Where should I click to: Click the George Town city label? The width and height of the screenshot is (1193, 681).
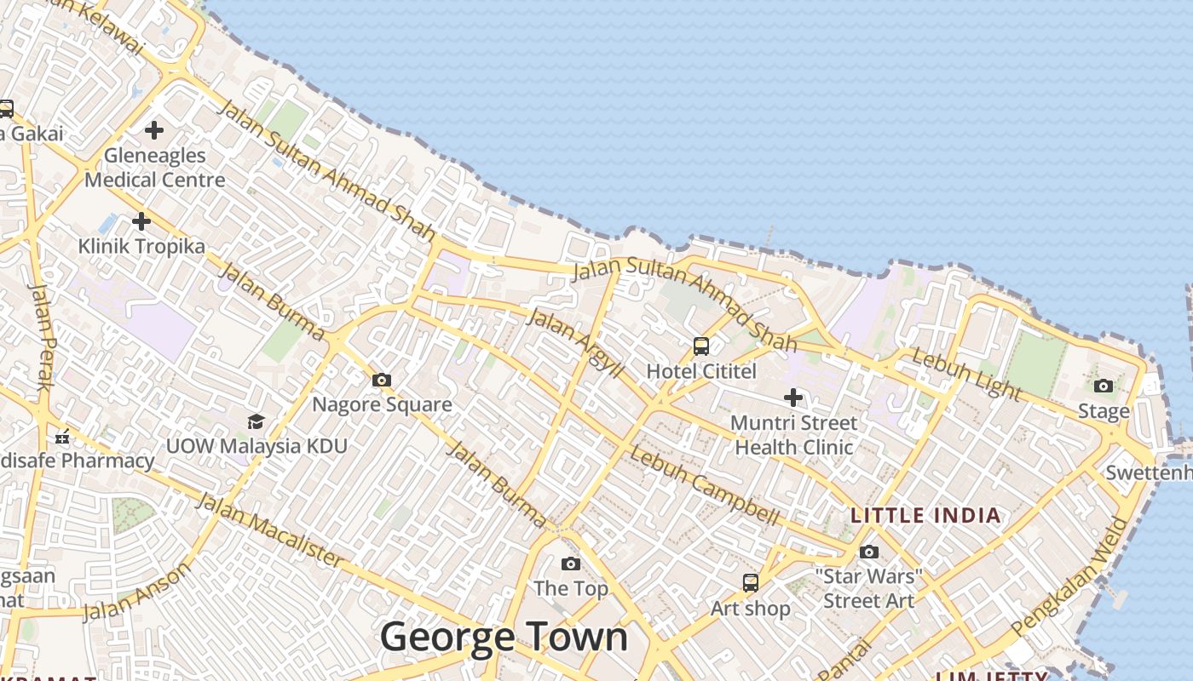(x=504, y=637)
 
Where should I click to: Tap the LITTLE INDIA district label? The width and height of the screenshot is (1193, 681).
(x=925, y=515)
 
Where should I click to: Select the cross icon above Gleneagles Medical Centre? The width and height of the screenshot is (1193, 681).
(x=154, y=130)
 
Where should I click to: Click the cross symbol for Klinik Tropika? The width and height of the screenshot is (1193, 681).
(x=141, y=221)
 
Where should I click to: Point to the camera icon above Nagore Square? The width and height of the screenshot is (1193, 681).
(x=382, y=380)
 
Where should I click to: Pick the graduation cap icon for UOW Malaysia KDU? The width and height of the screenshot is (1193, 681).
(x=256, y=421)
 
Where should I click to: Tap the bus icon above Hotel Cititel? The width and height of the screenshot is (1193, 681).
(x=701, y=346)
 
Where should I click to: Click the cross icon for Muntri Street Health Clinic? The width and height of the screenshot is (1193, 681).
(x=793, y=398)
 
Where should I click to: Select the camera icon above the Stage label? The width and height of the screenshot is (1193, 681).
(x=1104, y=386)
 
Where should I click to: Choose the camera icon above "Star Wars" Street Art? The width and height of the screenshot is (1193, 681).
(x=869, y=552)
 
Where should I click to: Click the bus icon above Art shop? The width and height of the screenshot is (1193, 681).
(x=751, y=583)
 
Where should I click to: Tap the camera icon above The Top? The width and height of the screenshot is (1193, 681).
(x=571, y=564)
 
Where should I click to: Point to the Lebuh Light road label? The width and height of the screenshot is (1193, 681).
(x=965, y=374)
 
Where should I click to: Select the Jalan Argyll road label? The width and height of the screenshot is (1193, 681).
(x=575, y=344)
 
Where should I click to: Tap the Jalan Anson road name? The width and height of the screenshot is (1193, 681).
(x=137, y=592)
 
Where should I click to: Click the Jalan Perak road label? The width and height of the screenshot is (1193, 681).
(x=42, y=336)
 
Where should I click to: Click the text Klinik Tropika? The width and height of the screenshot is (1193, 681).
(x=141, y=246)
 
